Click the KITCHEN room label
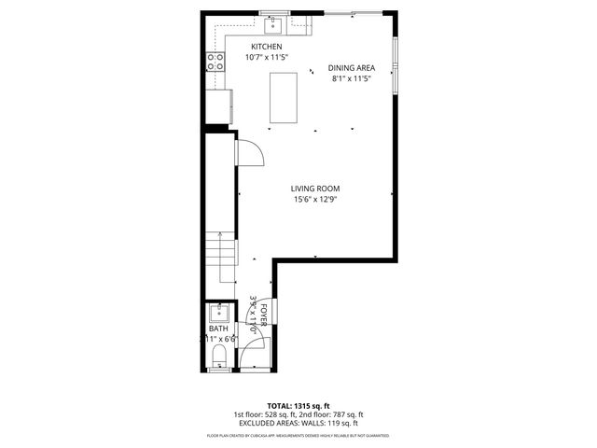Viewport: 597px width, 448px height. point(267,47)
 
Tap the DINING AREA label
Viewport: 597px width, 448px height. point(351,67)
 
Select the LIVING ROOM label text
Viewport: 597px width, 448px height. point(313,188)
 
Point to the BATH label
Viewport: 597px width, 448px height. point(218,329)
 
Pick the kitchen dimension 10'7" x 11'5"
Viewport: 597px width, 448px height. point(267,58)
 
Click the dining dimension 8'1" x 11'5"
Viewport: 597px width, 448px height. point(351,78)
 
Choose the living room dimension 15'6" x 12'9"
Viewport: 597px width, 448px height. point(313,199)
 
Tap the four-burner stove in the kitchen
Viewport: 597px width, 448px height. point(216,63)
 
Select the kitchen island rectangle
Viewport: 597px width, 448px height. point(285,97)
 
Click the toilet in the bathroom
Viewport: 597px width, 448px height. point(219,357)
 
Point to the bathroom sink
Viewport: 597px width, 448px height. point(220,312)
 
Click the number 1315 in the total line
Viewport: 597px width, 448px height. point(307,406)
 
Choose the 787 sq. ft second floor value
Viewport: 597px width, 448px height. point(347,414)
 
